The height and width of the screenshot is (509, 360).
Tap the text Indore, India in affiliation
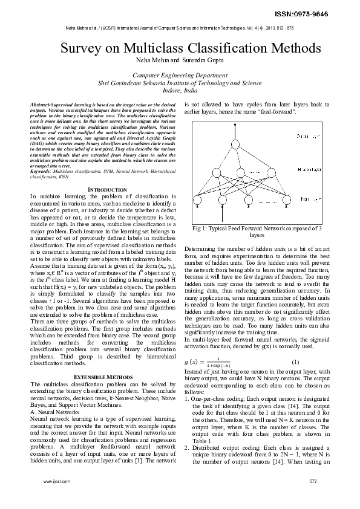pos(180,90)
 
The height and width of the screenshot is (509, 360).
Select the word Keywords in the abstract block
pos(41,172)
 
